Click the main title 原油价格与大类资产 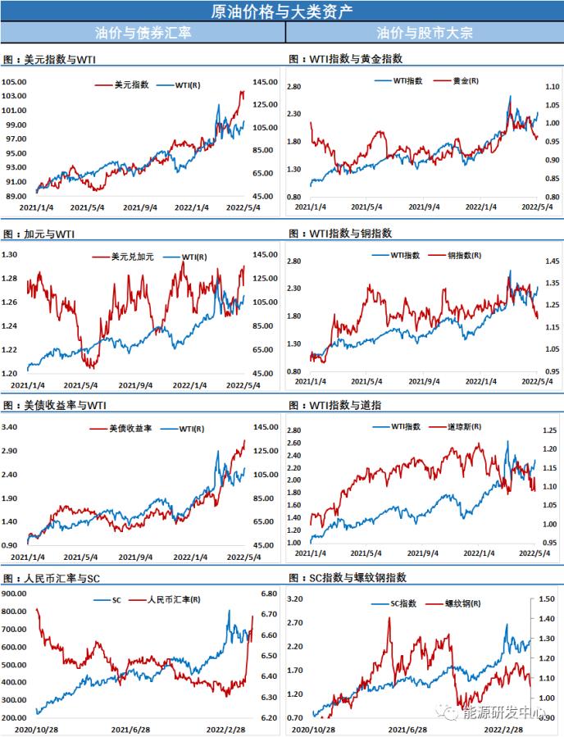(281, 11)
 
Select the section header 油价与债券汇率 (143, 33)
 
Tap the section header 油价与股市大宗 (425, 33)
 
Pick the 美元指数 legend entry (130, 85)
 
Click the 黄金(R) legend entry (466, 81)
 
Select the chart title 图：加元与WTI (39, 234)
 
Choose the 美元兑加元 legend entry (130, 257)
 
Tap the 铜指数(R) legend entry (465, 256)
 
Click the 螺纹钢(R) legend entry (465, 603)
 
